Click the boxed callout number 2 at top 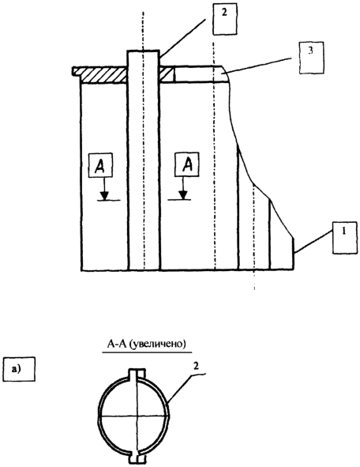pyautogui.click(x=225, y=19)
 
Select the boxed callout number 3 pyautogui.click(x=312, y=57)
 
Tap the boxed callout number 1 pyautogui.click(x=344, y=237)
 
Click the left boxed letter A pyautogui.click(x=100, y=165)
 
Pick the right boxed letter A pyautogui.click(x=187, y=164)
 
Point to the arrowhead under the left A pyautogui.click(x=104, y=196)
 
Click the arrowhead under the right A pyautogui.click(x=183, y=195)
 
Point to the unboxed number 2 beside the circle pyautogui.click(x=196, y=367)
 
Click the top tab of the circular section pyautogui.click(x=137, y=374)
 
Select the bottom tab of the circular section pyautogui.click(x=137, y=458)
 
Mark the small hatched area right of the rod pyautogui.click(x=167, y=74)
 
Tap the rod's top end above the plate pyautogui.click(x=144, y=58)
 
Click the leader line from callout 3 pyautogui.click(x=257, y=66)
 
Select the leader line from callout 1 pyautogui.click(x=313, y=242)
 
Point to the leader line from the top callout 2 pyautogui.click(x=182, y=37)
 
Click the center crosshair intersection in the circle pyautogui.click(x=137, y=416)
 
